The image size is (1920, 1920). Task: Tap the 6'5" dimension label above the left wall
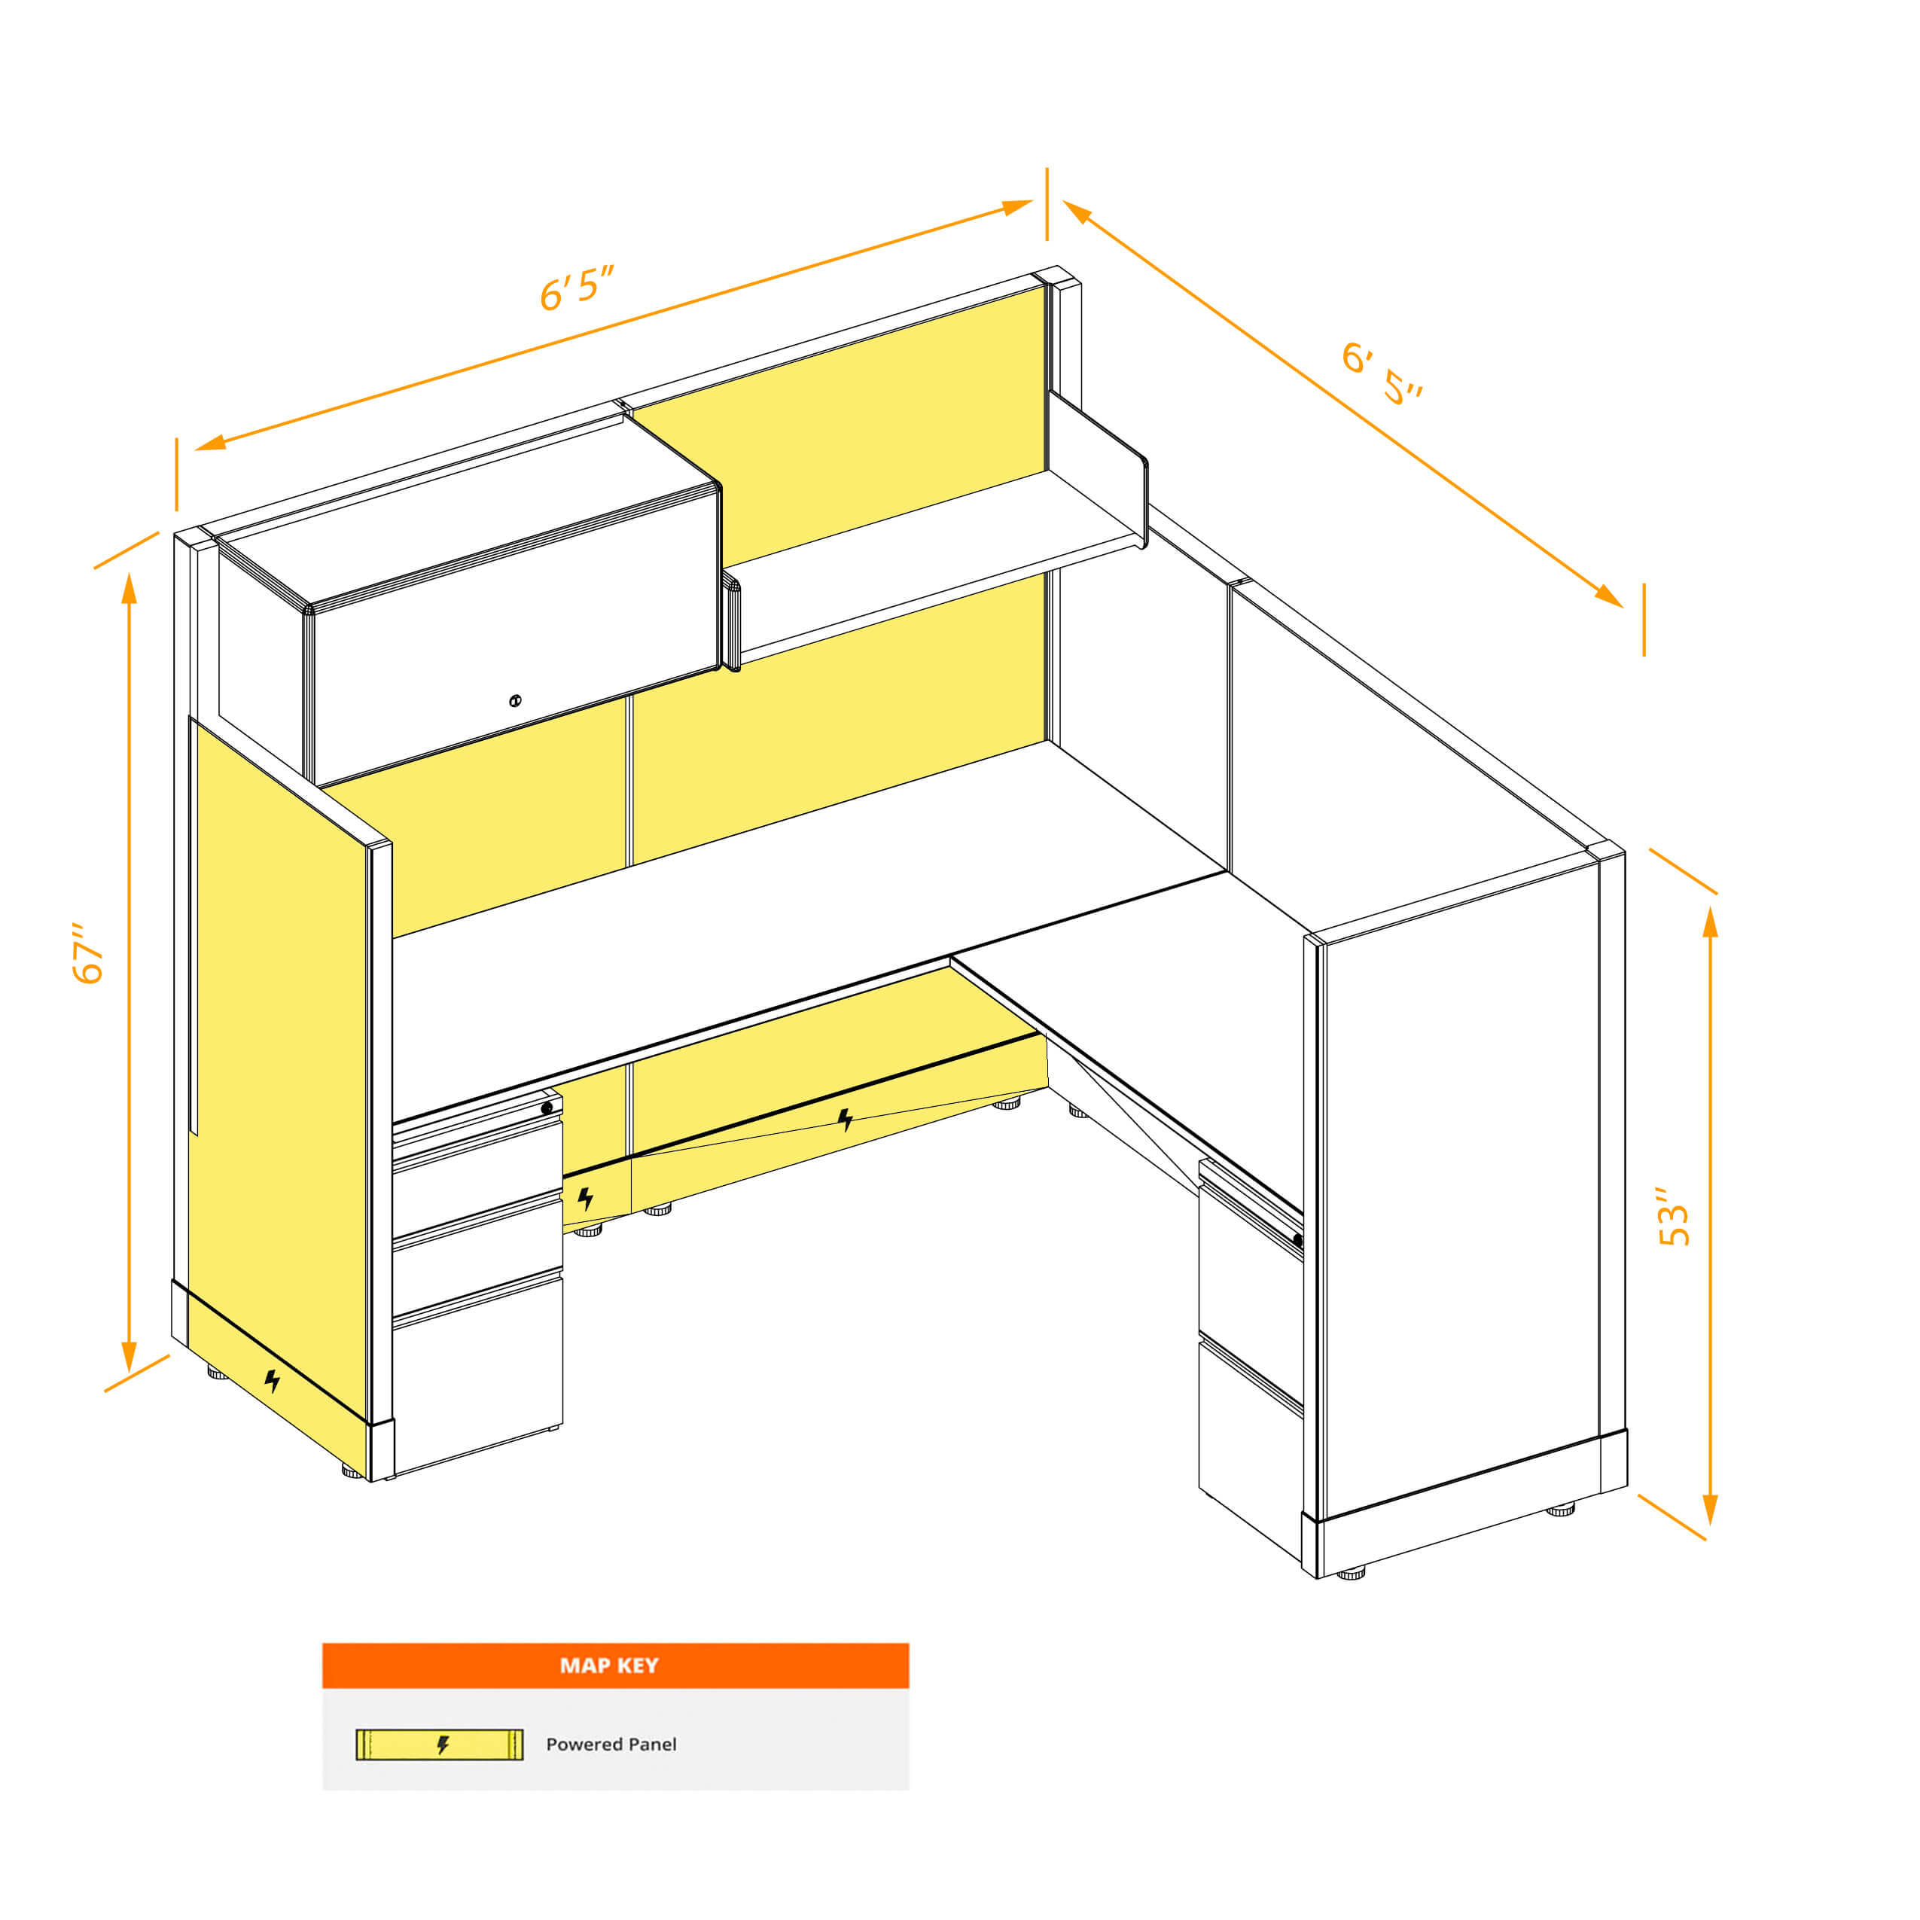[577, 288]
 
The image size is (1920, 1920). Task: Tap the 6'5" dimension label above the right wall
[1382, 373]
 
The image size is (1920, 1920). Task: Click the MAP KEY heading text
[608, 1666]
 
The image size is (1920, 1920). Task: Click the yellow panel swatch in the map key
[439, 1744]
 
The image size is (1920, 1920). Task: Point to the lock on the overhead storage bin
[515, 701]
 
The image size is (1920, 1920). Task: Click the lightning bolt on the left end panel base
[271, 1380]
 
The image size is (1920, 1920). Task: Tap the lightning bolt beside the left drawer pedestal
[585, 1199]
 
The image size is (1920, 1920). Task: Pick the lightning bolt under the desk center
[845, 1120]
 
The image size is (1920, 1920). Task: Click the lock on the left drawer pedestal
[547, 1107]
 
